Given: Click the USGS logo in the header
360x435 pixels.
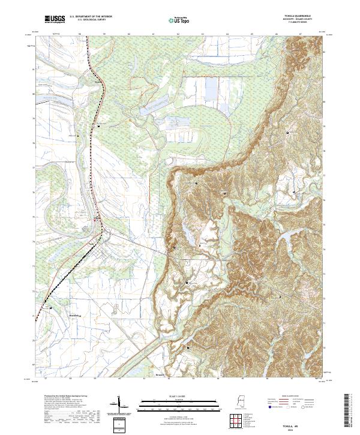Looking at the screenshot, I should (55, 19).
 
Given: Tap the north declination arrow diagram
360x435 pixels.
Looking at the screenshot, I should (118, 404).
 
